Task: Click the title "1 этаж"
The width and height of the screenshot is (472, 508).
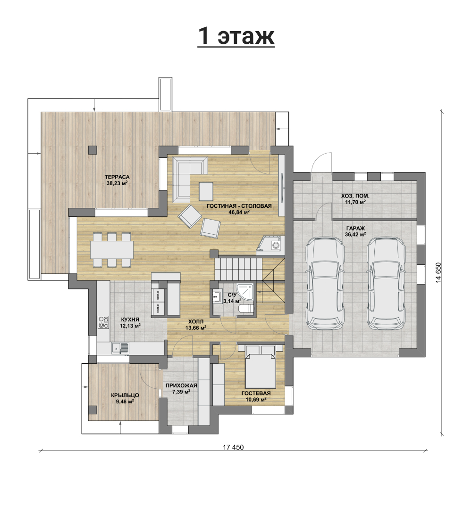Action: [236, 36]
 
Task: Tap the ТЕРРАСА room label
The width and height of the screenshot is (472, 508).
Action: [117, 177]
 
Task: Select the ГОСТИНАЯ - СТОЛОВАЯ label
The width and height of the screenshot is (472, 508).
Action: [239, 206]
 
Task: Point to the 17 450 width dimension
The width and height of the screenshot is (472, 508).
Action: [233, 447]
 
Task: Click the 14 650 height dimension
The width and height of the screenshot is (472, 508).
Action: [438, 272]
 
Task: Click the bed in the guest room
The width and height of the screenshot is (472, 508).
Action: [261, 367]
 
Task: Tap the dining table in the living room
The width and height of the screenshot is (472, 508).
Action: [111, 250]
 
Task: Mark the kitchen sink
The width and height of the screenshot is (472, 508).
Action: [120, 348]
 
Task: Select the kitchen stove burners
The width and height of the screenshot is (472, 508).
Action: [103, 322]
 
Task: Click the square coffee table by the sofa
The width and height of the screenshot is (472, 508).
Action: [206, 191]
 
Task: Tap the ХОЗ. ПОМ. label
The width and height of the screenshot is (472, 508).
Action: [355, 196]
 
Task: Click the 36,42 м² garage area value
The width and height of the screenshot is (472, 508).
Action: [355, 234]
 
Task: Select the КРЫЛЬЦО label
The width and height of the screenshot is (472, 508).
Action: [125, 395]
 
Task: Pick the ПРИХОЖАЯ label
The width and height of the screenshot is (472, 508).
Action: [181, 385]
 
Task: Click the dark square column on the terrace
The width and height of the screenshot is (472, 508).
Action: [93, 150]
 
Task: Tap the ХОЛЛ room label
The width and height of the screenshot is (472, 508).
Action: [196, 322]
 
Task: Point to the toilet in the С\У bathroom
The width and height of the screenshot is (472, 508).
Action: [246, 309]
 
